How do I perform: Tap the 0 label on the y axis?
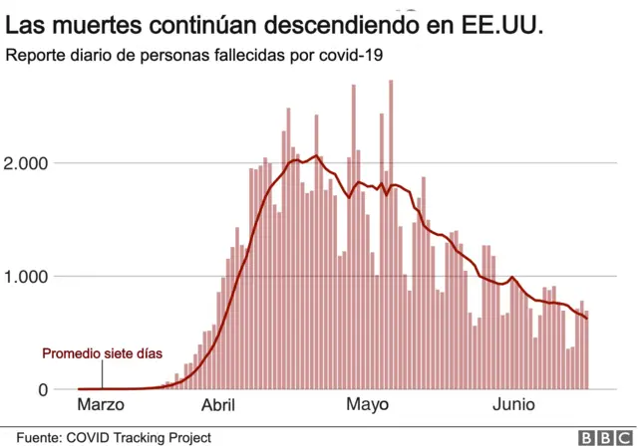43,389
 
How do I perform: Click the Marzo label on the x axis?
101,405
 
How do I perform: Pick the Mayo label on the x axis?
367,405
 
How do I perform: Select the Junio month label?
514,405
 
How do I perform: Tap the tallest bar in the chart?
391,234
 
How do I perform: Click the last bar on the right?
587,350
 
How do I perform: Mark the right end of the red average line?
587,318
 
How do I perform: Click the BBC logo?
601,437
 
